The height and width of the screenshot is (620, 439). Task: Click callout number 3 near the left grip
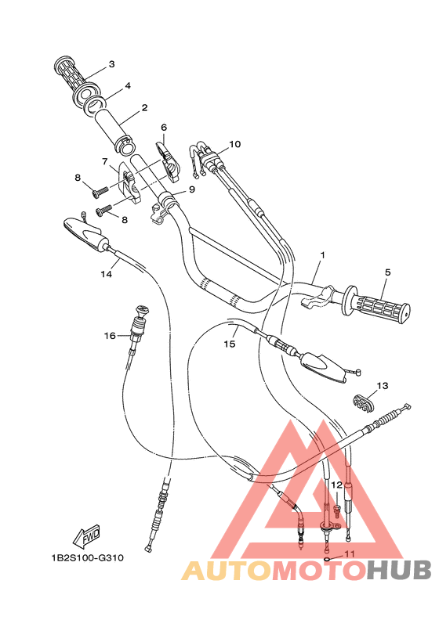(x=111, y=64)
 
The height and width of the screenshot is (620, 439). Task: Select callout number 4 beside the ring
(x=127, y=85)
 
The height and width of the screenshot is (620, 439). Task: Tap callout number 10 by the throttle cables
(x=235, y=145)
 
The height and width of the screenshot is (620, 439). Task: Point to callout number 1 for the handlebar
(x=321, y=256)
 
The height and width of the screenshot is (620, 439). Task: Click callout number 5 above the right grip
(x=387, y=272)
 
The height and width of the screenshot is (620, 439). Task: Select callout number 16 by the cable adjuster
(x=110, y=335)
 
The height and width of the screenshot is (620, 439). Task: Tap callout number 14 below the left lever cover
(x=106, y=274)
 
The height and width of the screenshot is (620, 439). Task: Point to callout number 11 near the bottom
(x=350, y=554)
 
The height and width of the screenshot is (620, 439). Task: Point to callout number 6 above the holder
(x=164, y=127)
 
